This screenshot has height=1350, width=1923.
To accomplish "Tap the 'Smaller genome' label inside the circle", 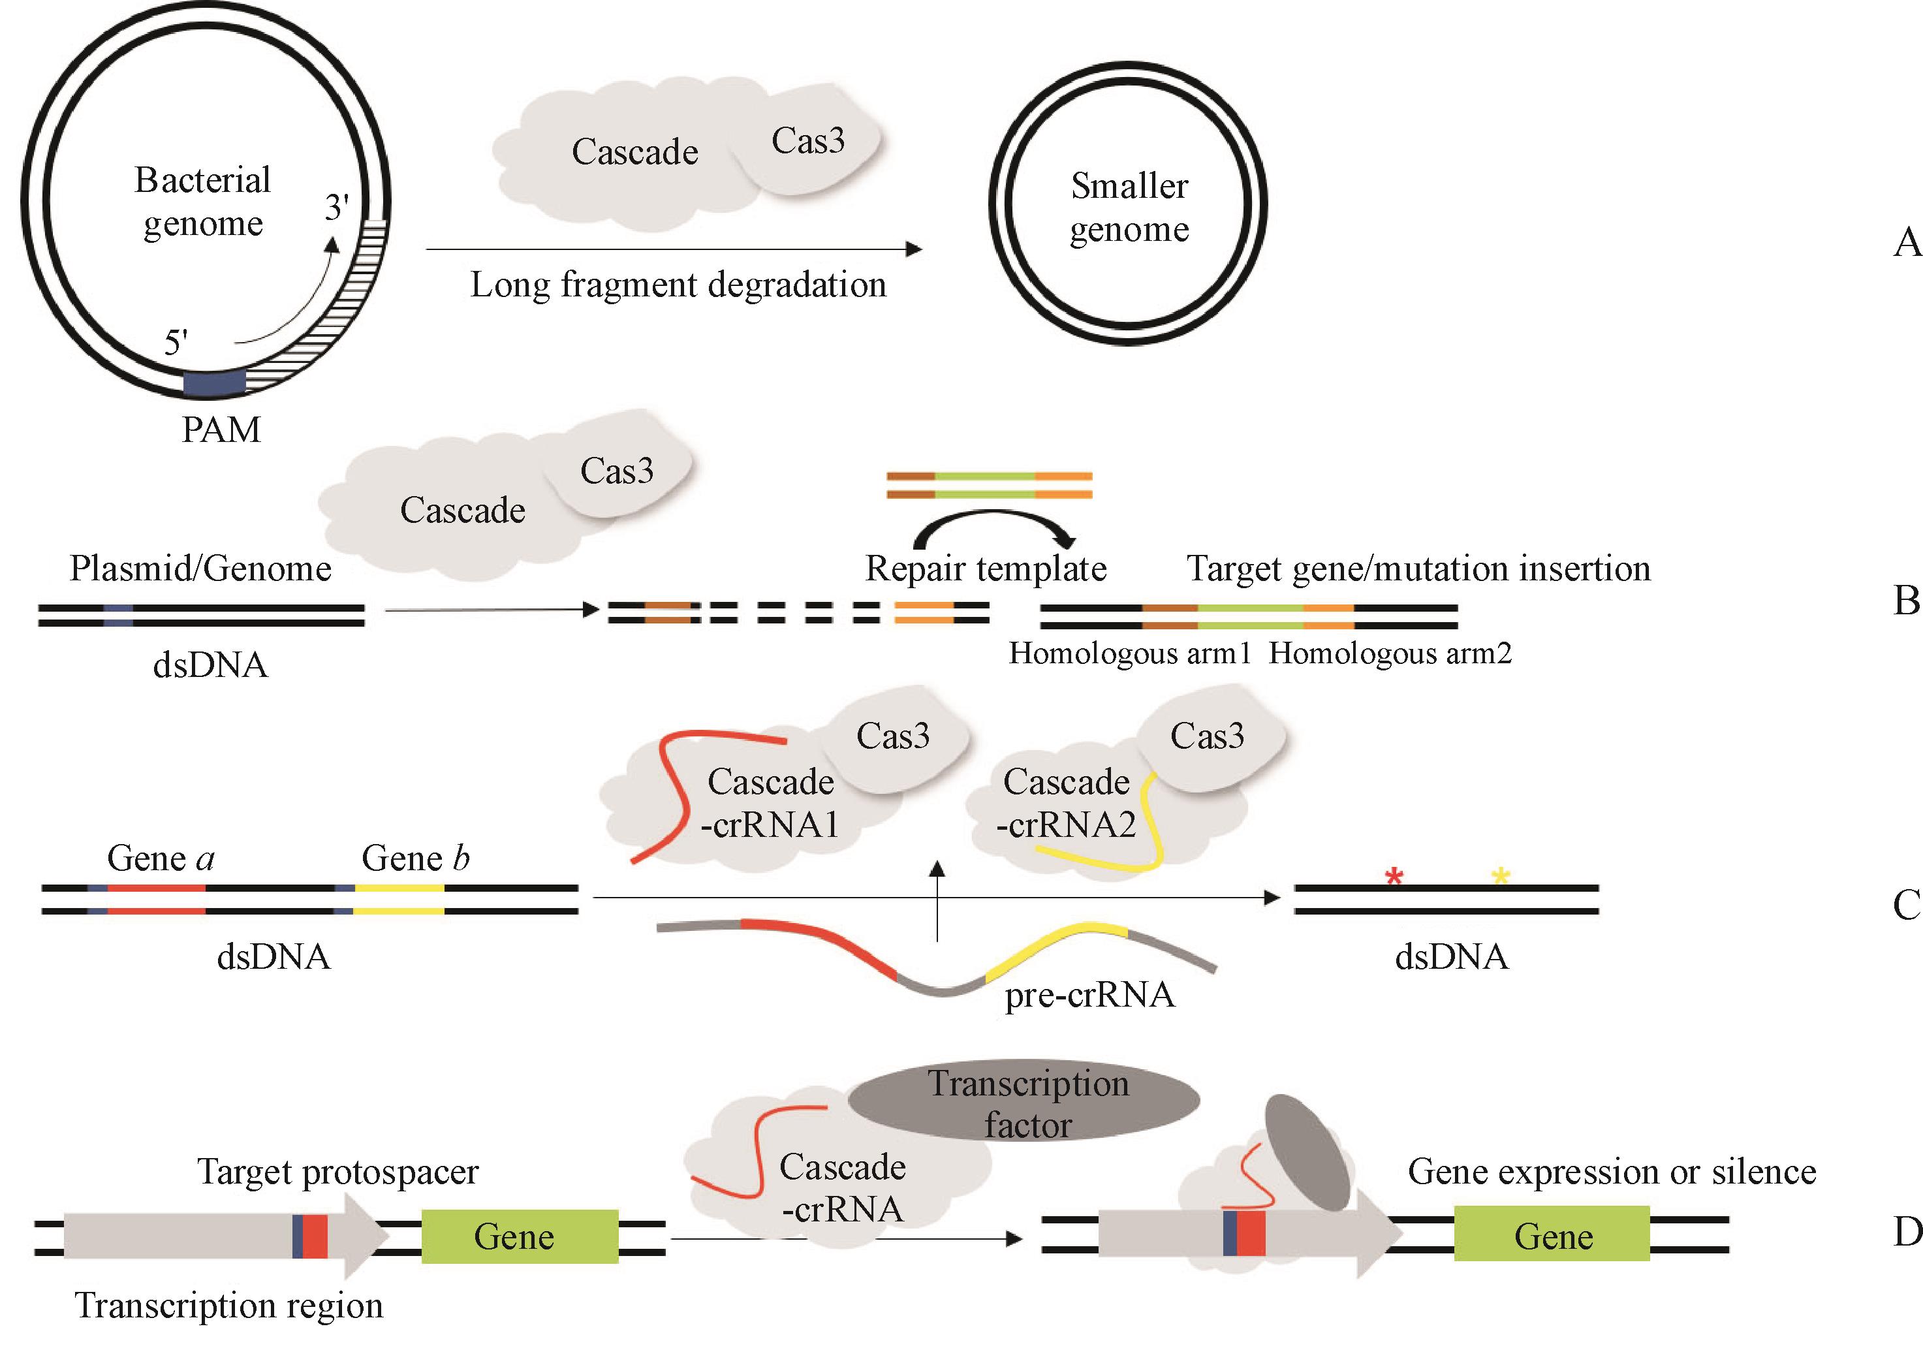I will (x=1129, y=207).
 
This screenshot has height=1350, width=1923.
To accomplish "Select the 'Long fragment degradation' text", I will (x=678, y=285).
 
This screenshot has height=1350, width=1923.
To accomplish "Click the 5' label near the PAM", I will (x=176, y=343).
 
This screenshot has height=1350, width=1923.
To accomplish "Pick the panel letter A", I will (x=1906, y=243).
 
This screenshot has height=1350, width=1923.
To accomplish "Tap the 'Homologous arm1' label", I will (x=1129, y=653).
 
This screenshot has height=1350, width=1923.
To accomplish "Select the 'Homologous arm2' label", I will (x=1390, y=653).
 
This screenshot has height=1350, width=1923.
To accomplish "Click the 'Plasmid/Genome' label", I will (x=200, y=569).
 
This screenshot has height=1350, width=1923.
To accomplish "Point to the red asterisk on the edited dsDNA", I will (x=1394, y=877).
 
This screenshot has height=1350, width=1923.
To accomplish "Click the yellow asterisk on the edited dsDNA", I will (x=1500, y=877).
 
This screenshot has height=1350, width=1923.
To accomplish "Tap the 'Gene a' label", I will (x=161, y=858).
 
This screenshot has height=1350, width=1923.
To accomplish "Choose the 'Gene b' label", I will (x=415, y=858).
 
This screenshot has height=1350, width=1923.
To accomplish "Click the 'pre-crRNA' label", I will (x=1089, y=995).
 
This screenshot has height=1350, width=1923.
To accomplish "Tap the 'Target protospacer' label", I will (x=337, y=1172).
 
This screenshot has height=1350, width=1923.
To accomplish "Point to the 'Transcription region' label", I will (x=228, y=1306).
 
